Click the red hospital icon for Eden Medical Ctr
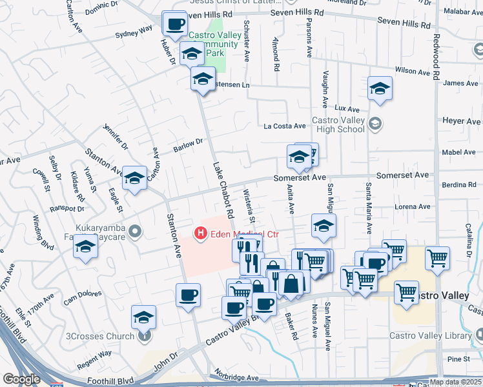coord(201,233)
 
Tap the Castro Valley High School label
coord(338,124)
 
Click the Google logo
coord(21,379)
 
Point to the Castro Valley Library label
coord(431,335)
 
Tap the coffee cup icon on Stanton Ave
coord(188,295)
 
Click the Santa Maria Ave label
coord(368,208)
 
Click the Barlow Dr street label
coord(188,145)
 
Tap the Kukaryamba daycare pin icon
coord(135,230)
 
